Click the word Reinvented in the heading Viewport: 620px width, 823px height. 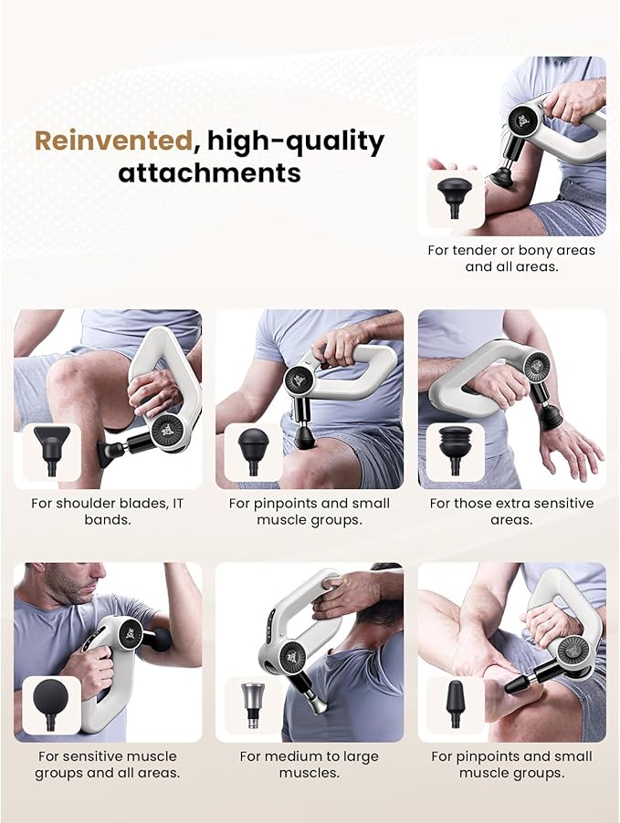(x=113, y=141)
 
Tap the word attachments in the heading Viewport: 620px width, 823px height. (x=210, y=172)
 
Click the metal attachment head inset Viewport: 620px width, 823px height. (x=253, y=705)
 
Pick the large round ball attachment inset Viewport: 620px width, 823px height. (x=51, y=705)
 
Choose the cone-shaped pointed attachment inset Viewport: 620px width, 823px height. (x=455, y=704)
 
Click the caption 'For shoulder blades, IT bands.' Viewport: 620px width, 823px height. (x=107, y=511)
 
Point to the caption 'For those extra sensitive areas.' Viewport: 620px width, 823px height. (x=511, y=511)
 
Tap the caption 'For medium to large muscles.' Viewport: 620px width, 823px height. (x=309, y=765)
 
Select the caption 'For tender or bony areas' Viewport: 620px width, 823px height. (x=511, y=250)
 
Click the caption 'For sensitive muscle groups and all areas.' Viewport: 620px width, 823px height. (x=107, y=765)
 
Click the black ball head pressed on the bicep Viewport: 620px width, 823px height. (x=161, y=640)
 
